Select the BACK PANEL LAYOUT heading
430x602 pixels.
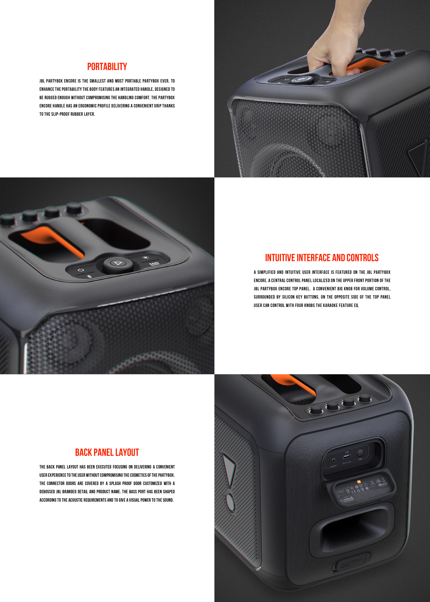tap(107, 452)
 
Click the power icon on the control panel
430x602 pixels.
tap(81, 270)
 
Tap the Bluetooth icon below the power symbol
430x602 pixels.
tap(89, 276)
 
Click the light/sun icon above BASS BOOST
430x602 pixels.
tap(145, 257)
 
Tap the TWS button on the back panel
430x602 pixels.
tap(360, 453)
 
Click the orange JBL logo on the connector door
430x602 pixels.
tap(359, 482)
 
